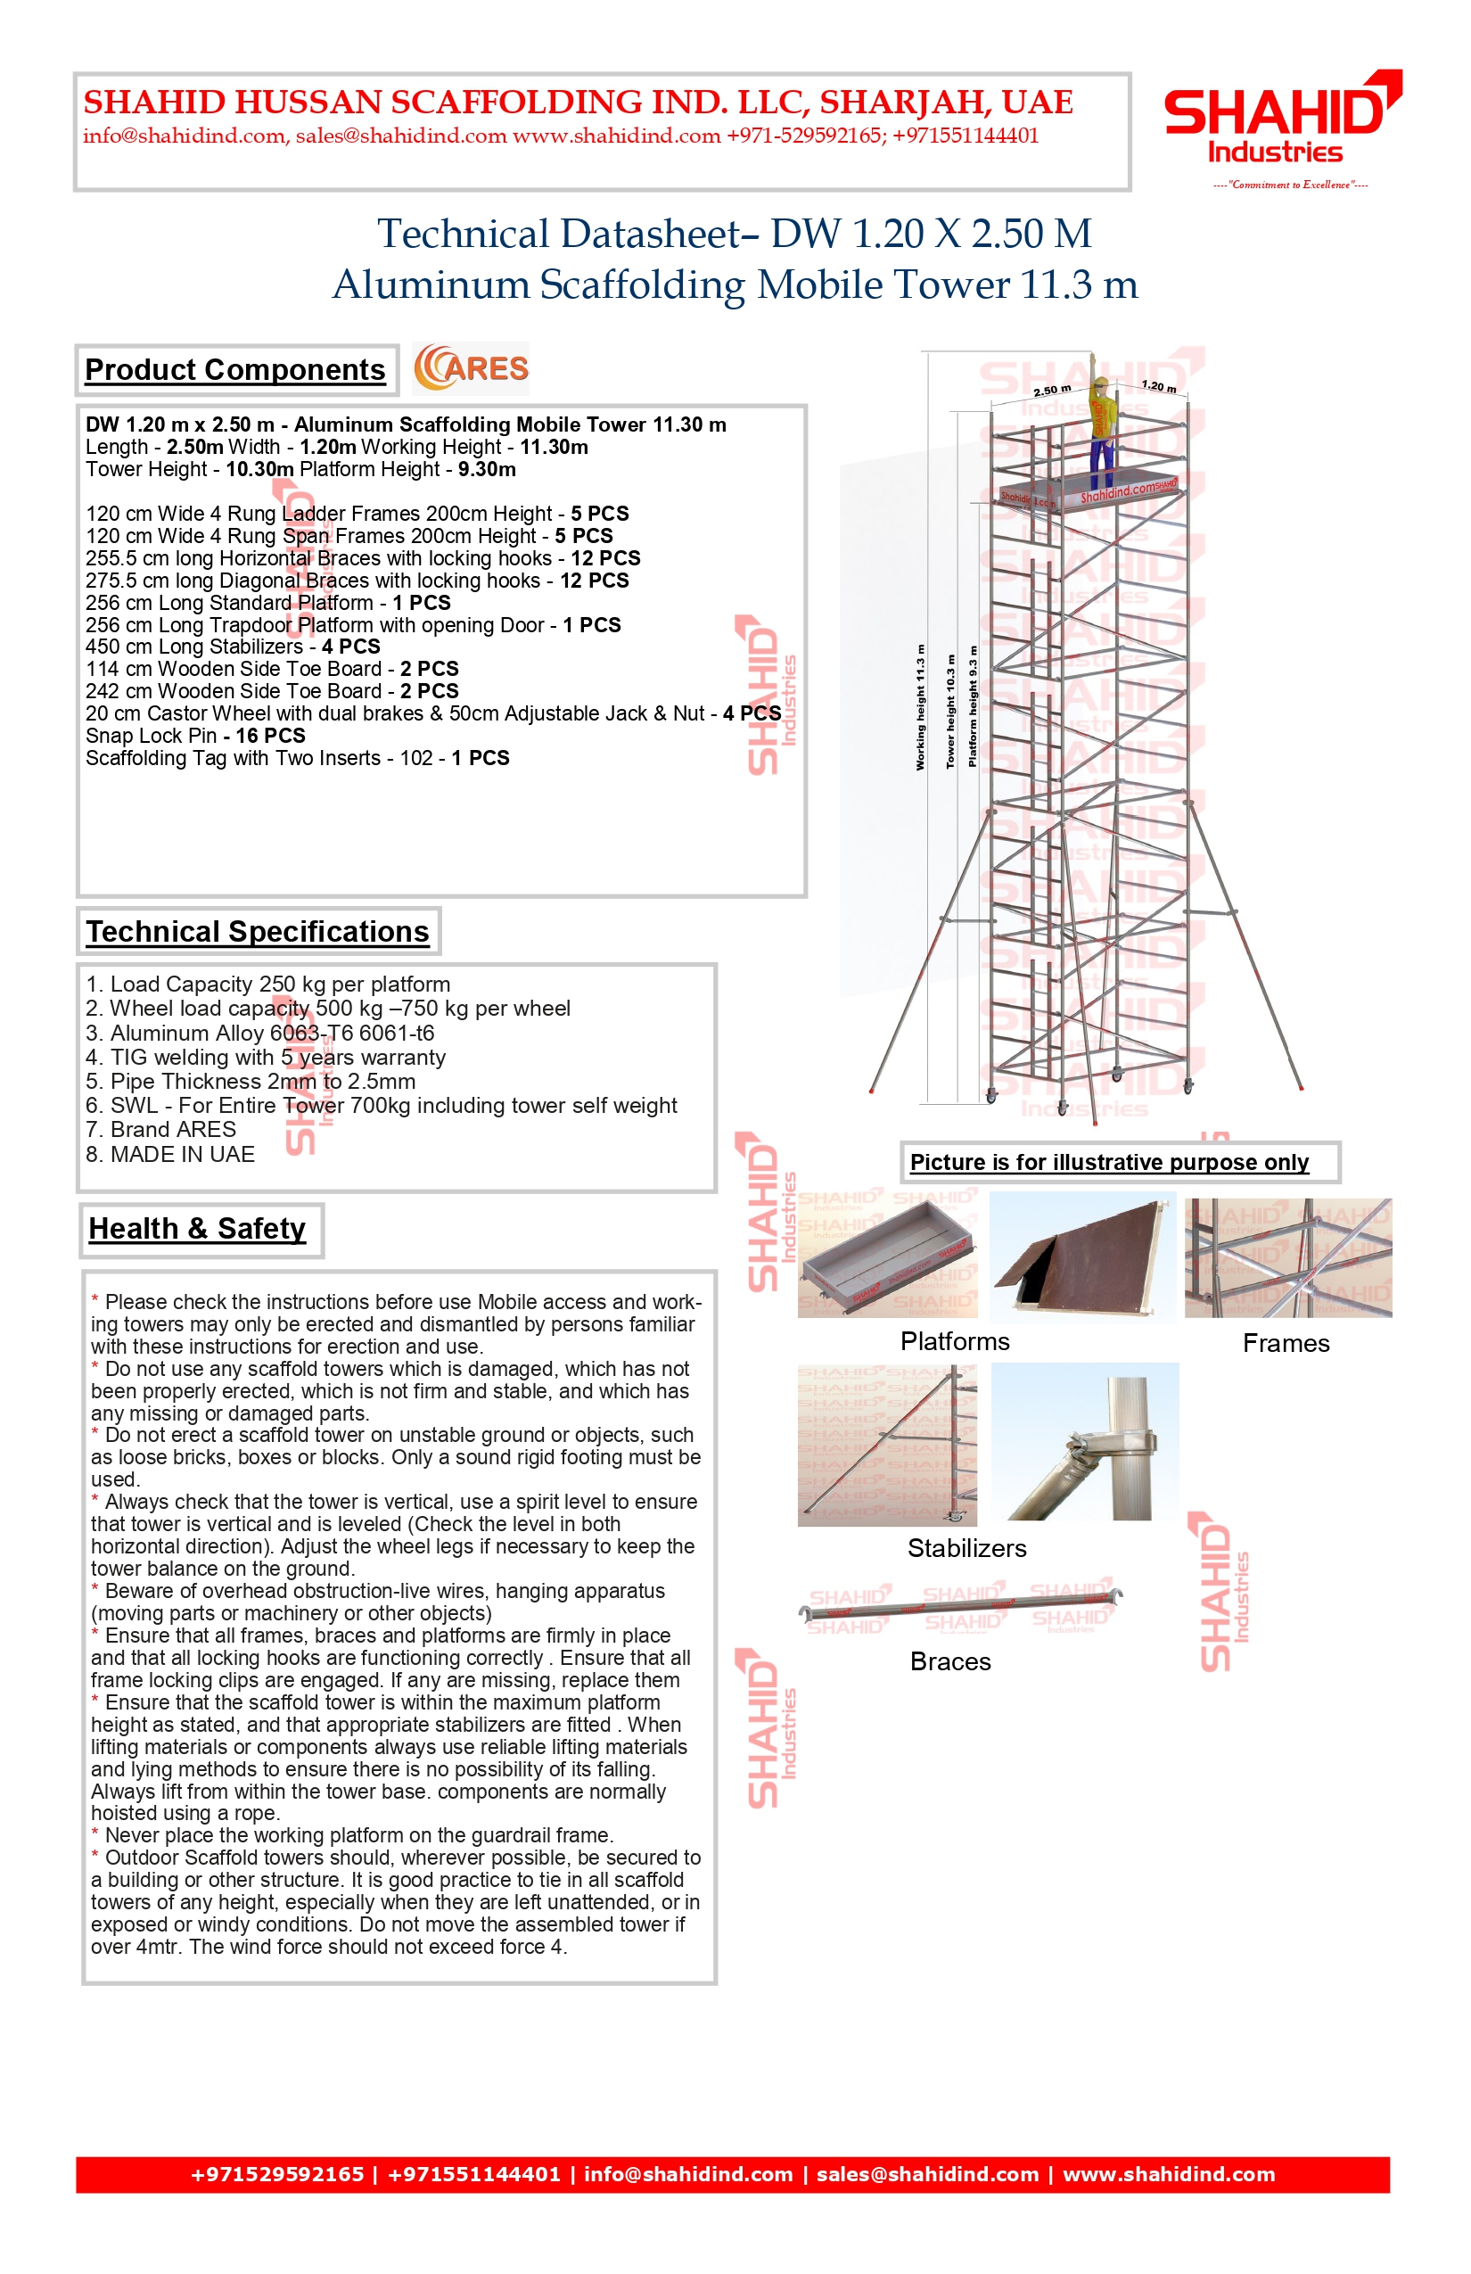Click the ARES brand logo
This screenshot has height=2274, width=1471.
tap(471, 369)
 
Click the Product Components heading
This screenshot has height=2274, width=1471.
tap(235, 370)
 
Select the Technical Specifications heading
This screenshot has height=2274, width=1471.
tap(258, 932)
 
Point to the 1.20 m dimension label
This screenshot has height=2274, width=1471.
tap(1159, 386)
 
